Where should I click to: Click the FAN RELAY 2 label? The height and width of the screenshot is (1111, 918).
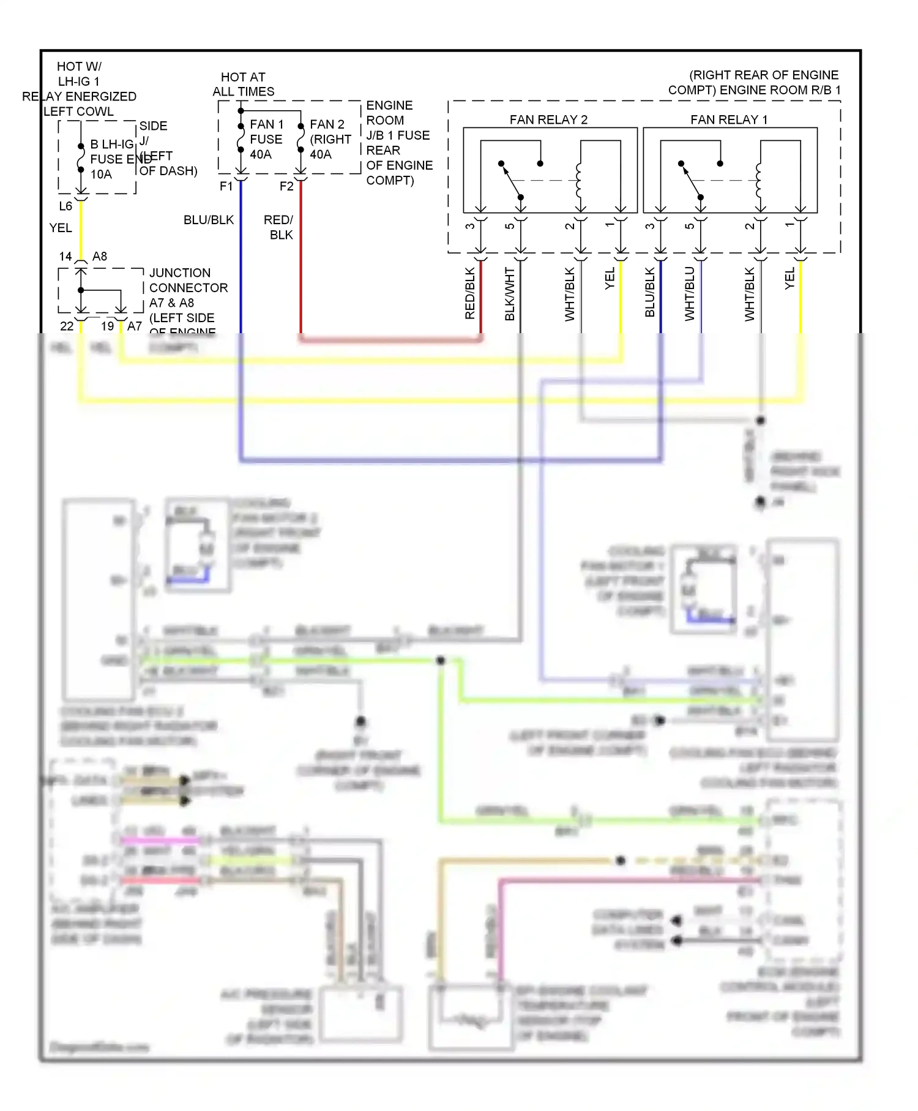point(548,120)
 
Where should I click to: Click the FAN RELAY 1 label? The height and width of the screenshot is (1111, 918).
point(728,120)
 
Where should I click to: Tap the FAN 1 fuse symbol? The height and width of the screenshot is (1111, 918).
point(241,140)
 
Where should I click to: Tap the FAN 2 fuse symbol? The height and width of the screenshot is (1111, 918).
point(300,140)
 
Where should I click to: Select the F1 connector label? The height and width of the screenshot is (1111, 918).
point(226,186)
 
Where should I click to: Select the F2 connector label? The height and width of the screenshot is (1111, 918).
point(286,186)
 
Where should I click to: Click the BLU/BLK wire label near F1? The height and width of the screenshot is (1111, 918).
point(209,220)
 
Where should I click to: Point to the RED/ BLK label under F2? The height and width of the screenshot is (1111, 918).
point(279,227)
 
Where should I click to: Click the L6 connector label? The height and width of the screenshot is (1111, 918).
point(65,206)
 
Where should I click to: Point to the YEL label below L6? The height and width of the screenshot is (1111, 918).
point(61,228)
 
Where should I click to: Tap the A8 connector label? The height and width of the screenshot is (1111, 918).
point(100,257)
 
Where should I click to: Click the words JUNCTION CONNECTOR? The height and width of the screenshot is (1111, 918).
point(188,281)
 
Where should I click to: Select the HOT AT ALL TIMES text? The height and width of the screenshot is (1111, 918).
point(243,85)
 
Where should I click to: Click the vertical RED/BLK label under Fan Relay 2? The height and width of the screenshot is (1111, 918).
point(470,293)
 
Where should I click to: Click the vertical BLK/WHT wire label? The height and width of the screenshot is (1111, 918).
point(510,293)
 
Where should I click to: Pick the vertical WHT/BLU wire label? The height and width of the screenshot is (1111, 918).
point(690,293)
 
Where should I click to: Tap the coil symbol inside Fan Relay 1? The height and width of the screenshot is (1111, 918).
point(759,181)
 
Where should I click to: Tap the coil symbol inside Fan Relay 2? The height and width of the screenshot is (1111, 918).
point(579,181)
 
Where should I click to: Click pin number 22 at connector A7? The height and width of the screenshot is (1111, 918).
point(67,326)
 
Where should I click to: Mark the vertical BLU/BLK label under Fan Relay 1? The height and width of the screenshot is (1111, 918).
point(650,292)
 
